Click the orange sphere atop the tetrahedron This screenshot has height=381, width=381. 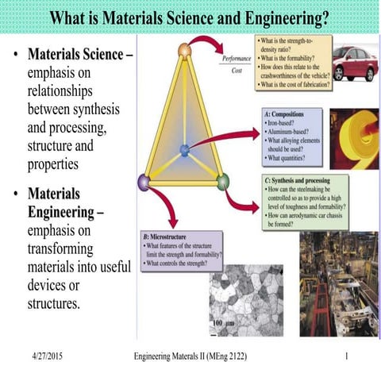184,51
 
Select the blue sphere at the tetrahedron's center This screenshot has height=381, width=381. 184,149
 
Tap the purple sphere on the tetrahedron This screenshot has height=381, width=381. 144,182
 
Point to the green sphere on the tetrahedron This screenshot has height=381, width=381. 223,181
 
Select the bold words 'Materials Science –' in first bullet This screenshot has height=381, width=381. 79,56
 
